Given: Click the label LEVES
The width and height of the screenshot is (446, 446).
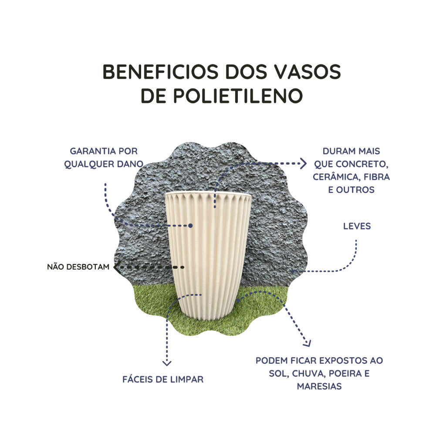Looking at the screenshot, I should click(357, 226).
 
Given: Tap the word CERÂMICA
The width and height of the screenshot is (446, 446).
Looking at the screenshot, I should click(334, 177).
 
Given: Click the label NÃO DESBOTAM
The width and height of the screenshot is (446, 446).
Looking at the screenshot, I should click(78, 267).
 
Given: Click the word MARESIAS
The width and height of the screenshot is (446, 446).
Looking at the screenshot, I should click(319, 386).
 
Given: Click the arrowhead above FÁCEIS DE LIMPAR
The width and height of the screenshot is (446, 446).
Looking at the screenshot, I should click(166, 363).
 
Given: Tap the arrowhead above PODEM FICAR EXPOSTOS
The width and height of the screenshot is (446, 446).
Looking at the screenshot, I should click(307, 343).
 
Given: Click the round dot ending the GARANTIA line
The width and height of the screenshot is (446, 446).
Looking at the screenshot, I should click(190, 226).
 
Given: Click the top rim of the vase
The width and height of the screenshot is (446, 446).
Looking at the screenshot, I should click(208, 193).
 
